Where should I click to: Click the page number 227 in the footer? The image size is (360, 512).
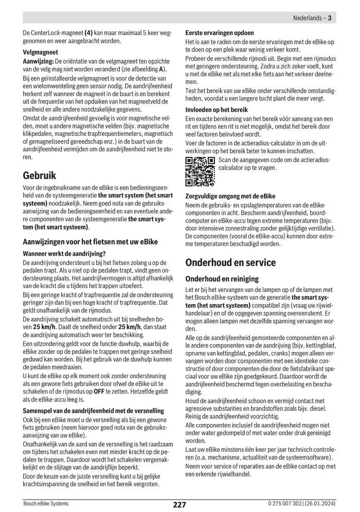tap(179, 505)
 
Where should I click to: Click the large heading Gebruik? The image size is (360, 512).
tap(40, 175)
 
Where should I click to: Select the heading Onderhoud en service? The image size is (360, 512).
tap(230, 262)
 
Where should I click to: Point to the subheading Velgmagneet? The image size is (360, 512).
tap(41, 52)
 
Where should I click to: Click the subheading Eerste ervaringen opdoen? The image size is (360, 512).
tap(220, 33)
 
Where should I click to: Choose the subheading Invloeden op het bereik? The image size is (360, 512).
tap(217, 110)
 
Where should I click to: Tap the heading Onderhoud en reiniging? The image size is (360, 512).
tap(222, 278)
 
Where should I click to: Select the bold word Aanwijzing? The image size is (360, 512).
tap(39, 61)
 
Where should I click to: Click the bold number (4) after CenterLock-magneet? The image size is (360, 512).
tap(88, 33)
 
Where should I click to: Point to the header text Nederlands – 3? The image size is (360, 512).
tap(312, 18)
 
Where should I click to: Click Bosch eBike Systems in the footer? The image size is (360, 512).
tap(46, 504)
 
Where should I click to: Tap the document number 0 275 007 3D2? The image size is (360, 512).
tap(284, 504)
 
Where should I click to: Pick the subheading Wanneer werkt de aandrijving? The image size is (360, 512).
tap(64, 253)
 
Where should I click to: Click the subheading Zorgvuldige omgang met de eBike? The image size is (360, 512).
tap(230, 196)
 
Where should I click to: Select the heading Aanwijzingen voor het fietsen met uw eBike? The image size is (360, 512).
tap(91, 241)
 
